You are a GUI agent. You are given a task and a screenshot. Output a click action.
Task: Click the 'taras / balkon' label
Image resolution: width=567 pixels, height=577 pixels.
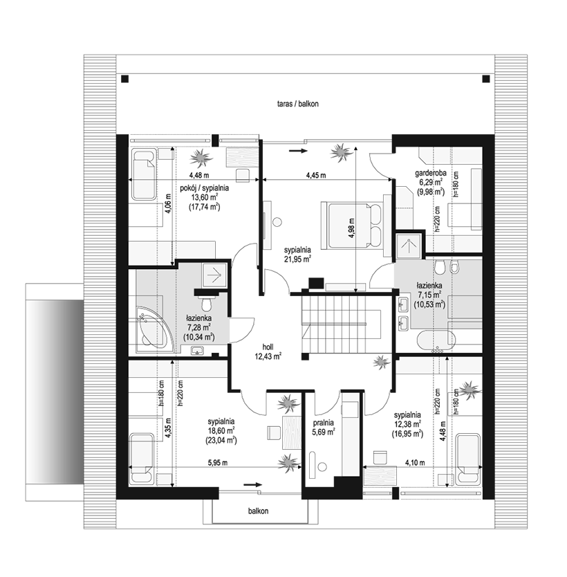298,104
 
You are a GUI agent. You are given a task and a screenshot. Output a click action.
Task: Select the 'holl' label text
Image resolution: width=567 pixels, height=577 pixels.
268,347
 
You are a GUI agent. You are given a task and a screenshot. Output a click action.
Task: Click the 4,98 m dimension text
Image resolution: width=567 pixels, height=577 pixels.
351,228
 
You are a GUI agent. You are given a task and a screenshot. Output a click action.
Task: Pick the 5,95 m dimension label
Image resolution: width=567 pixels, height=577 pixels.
218,463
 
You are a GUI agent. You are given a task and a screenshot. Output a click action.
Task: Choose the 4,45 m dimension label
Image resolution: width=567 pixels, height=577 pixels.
316,175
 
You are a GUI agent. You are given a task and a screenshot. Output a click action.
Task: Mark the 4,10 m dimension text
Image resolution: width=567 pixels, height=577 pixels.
415,463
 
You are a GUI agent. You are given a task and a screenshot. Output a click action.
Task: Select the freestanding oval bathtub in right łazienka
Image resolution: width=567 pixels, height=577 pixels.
437,338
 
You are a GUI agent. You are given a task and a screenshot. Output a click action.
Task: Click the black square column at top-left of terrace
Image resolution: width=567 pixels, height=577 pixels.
125,79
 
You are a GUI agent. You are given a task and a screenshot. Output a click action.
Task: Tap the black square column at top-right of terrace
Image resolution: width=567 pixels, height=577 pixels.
485,79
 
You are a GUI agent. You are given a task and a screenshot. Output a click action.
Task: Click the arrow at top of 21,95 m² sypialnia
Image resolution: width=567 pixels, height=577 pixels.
297,151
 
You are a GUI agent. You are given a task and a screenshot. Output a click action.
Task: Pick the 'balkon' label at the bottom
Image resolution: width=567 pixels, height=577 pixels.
258,511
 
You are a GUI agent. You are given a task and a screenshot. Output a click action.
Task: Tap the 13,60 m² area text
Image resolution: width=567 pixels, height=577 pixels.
205,197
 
